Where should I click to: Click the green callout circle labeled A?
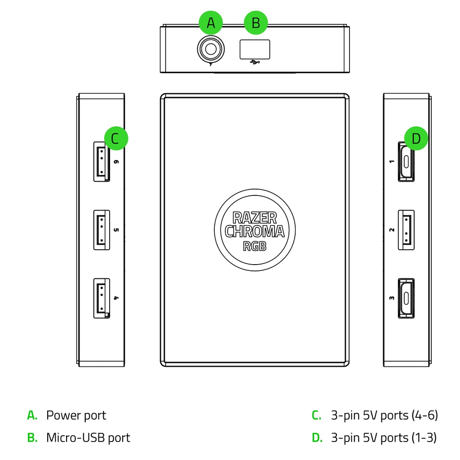tap(211, 22)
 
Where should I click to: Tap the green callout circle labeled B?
tap(256, 22)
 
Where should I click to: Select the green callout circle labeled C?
tap(116, 138)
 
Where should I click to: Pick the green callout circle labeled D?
tap(416, 138)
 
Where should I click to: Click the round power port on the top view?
tap(211, 49)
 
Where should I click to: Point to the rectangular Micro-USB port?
tap(255, 49)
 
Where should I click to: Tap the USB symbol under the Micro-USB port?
tap(255, 62)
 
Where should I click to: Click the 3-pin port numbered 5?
tap(102, 230)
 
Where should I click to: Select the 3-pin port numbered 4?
tap(102, 298)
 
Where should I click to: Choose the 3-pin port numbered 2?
tap(406, 230)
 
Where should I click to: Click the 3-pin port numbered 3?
tap(406, 298)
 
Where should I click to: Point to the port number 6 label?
tap(116, 162)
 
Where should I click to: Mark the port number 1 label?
tap(392, 162)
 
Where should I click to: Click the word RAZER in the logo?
tap(255, 218)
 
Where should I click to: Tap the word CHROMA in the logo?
tap(255, 231)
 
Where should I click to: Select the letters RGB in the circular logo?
tap(255, 246)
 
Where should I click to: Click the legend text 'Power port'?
tap(76, 416)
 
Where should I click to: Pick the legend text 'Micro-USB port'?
tap(88, 438)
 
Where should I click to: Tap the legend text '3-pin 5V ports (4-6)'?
tap(385, 416)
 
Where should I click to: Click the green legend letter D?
tap(317, 438)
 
